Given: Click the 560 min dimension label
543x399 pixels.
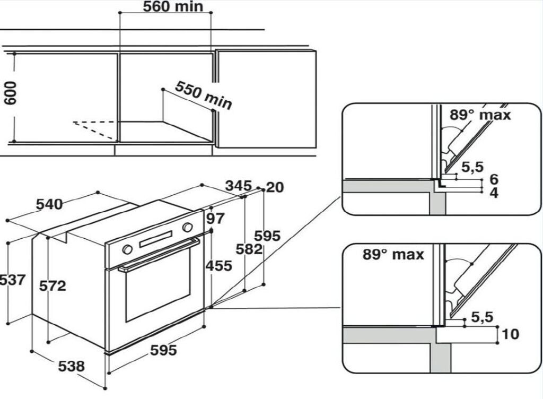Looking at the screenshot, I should pyautogui.click(x=165, y=7).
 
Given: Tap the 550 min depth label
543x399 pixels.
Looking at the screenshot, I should pyautogui.click(x=204, y=95).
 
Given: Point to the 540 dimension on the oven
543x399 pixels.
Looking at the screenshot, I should pyautogui.click(x=49, y=204).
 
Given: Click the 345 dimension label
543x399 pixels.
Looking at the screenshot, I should pyautogui.click(x=238, y=186).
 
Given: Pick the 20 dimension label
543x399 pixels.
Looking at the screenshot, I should pyautogui.click(x=276, y=187).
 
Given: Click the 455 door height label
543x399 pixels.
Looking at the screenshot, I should pyautogui.click(x=220, y=265).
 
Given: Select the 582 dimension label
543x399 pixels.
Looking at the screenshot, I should pyautogui.click(x=250, y=249).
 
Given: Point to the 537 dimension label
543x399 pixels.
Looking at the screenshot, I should pyautogui.click(x=12, y=279).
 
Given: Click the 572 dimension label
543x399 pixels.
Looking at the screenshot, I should pyautogui.click(x=52, y=285).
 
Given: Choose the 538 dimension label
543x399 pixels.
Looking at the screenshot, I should pyautogui.click(x=71, y=366).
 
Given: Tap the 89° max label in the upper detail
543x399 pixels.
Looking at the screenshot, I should pyautogui.click(x=480, y=114).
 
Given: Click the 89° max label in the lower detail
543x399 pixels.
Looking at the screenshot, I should pyautogui.click(x=393, y=254).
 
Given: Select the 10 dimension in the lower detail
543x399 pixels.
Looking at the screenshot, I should pyautogui.click(x=510, y=334).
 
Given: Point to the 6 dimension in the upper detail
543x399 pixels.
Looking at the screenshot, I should pyautogui.click(x=494, y=179).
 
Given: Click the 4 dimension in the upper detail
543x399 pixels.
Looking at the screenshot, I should pyautogui.click(x=494, y=193).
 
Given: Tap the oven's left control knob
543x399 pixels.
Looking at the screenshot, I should pyautogui.click(x=127, y=249).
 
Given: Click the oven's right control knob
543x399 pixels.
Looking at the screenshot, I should pyautogui.click(x=187, y=227).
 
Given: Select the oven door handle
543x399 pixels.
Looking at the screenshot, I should pyautogui.click(x=159, y=255).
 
